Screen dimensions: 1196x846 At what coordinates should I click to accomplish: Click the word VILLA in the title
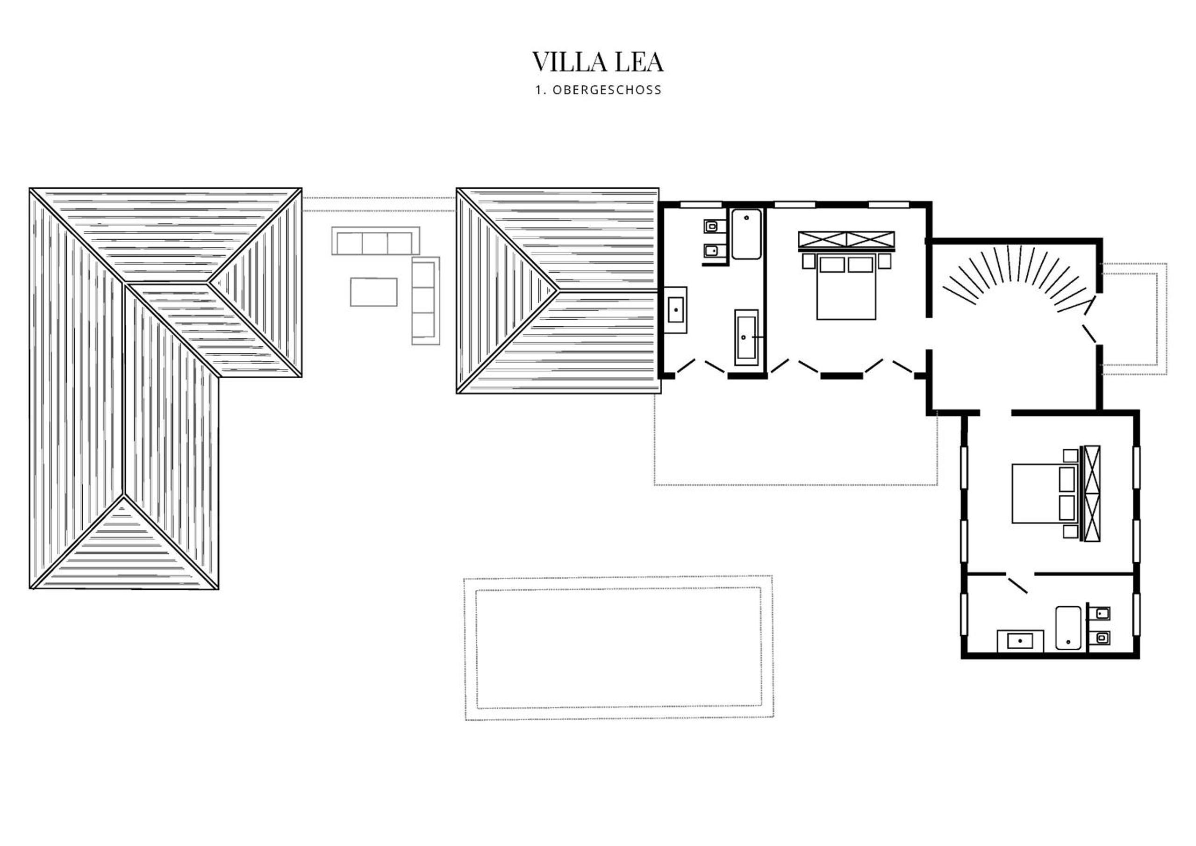570,62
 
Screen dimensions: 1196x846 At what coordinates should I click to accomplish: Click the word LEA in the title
639,62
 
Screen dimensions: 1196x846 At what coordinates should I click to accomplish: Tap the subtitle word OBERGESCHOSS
607,90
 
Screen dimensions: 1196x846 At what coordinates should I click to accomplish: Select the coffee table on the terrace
373,292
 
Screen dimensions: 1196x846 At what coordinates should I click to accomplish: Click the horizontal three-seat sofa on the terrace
376,241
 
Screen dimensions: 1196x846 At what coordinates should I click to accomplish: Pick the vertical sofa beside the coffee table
426,301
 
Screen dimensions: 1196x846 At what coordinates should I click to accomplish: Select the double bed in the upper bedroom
846,287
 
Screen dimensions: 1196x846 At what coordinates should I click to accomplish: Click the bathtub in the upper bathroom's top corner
746,234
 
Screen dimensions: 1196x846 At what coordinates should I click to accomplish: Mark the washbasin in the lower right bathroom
1020,641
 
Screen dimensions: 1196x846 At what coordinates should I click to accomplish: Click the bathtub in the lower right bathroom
1069,628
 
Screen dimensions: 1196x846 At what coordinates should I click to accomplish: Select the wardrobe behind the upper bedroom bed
846,241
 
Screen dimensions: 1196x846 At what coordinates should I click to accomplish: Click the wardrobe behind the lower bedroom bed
1091,493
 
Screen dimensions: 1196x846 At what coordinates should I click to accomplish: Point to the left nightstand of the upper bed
809,261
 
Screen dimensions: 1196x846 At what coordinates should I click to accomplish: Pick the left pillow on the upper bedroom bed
832,265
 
